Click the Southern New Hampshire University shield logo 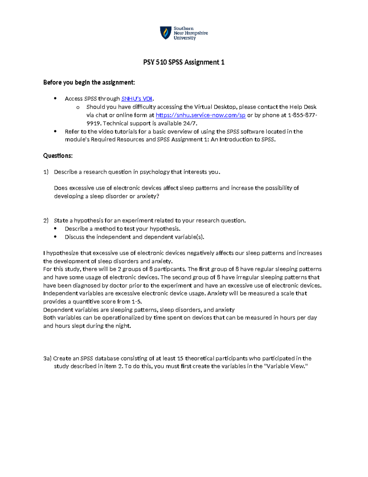166,33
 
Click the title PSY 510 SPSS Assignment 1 184,62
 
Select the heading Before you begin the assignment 89,82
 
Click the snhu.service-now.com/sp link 201,115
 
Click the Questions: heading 58,156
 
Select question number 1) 46,172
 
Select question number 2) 46,221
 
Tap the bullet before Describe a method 56,229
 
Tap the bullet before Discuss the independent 56,237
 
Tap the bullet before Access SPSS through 56,99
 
